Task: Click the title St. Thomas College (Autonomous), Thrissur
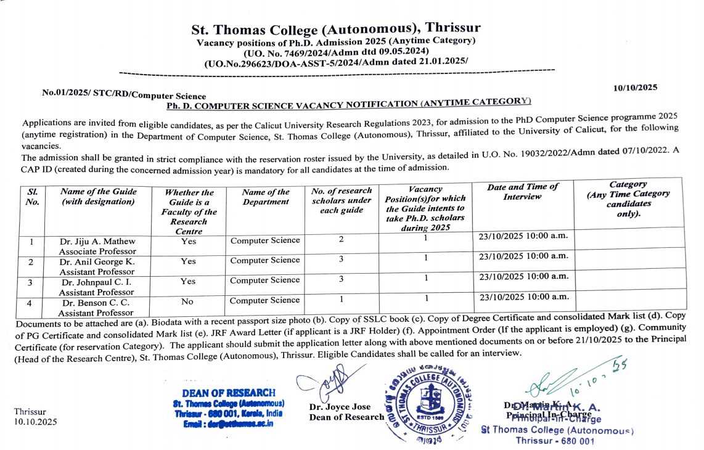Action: (x=336, y=29)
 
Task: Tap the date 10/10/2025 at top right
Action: (x=636, y=88)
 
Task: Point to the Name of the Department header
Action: (x=266, y=197)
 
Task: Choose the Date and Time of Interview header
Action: (x=522, y=191)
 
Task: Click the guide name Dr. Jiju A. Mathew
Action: (x=97, y=241)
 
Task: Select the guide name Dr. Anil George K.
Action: (x=97, y=261)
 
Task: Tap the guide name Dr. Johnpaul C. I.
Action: (x=97, y=282)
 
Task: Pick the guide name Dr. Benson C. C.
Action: (x=96, y=303)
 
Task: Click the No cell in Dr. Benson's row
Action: (x=188, y=302)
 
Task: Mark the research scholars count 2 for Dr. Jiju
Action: (x=341, y=239)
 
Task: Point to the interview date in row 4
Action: (x=523, y=297)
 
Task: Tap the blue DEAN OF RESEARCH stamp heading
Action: (x=229, y=393)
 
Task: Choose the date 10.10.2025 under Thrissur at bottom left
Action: (x=35, y=422)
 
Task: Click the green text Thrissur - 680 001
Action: (x=555, y=441)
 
